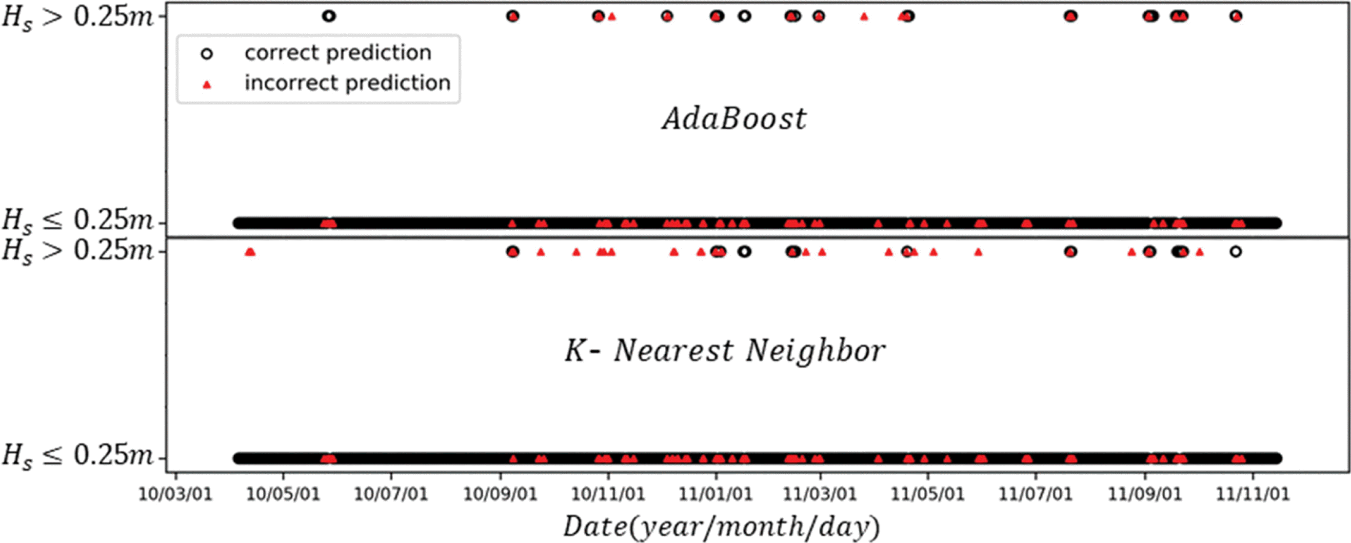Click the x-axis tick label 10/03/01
(x=176, y=494)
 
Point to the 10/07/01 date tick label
(x=391, y=494)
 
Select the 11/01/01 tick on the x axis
(x=715, y=494)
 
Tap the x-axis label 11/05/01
(x=928, y=494)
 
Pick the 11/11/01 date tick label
(x=1253, y=494)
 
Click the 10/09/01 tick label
(x=500, y=494)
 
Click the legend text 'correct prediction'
(x=338, y=53)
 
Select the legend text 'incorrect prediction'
(x=347, y=83)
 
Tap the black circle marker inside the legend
(x=207, y=54)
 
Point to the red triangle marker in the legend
(x=207, y=84)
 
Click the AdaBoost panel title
(x=734, y=119)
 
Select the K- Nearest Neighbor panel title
(x=725, y=350)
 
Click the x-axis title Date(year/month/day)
(x=721, y=527)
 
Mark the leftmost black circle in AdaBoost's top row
(x=328, y=16)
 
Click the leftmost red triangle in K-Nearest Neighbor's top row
(x=250, y=252)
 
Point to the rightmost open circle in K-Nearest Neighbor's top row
(x=1235, y=252)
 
